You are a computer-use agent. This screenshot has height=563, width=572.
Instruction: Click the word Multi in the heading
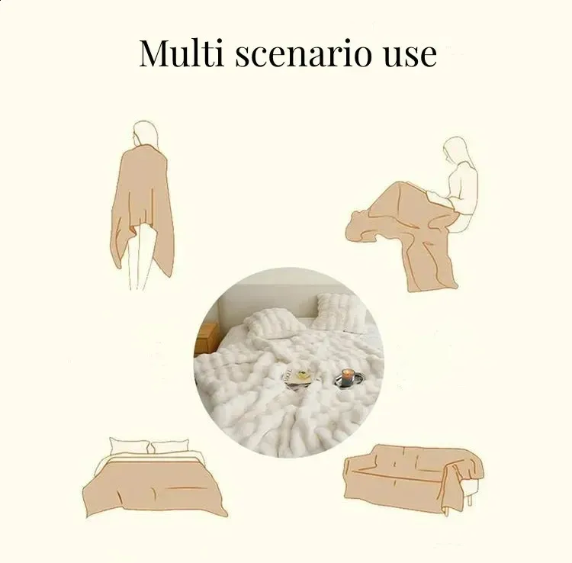pyautogui.click(x=182, y=53)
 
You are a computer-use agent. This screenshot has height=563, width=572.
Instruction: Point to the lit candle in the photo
pyautogui.click(x=346, y=377)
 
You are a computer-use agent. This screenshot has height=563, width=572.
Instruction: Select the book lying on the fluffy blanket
pyautogui.click(x=297, y=378)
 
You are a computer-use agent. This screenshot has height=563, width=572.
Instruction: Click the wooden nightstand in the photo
pyautogui.click(x=205, y=338)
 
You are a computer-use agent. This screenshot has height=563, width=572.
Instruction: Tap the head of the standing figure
pyautogui.click(x=146, y=134)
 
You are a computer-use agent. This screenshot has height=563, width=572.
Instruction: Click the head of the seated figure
pyautogui.click(x=455, y=150)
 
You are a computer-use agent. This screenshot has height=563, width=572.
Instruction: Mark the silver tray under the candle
pyautogui.click(x=349, y=380)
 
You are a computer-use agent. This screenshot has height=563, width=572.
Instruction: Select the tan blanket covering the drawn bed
pyautogui.click(x=155, y=485)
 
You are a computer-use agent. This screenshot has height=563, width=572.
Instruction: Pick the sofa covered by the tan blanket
pyautogui.click(x=414, y=477)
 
